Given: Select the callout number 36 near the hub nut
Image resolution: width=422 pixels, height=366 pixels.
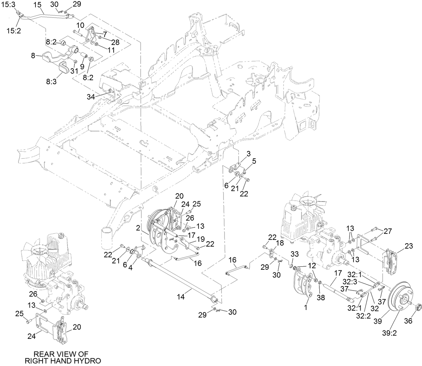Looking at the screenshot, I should pyautogui.click(x=408, y=321).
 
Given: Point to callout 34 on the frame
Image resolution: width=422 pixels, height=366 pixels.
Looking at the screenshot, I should pyautogui.click(x=91, y=97).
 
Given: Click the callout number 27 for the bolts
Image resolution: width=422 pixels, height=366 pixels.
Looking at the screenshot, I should pyautogui.click(x=388, y=231).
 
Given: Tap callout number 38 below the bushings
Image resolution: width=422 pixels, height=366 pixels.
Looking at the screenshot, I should pyautogui.click(x=321, y=297).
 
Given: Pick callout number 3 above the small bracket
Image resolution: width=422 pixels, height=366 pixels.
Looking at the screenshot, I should pyautogui.click(x=249, y=154).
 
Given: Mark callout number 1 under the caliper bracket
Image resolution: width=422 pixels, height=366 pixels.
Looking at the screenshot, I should pyautogui.click(x=306, y=307).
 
